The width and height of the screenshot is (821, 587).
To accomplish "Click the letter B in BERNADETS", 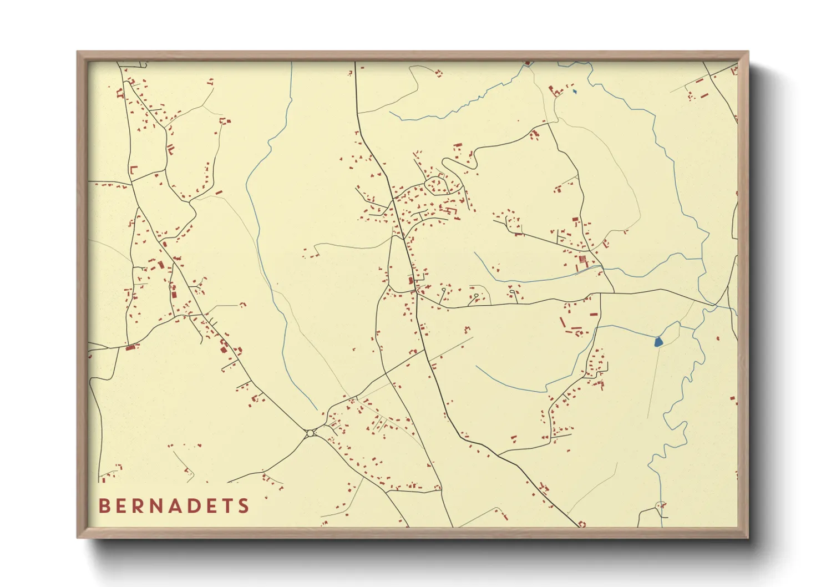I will [104, 506].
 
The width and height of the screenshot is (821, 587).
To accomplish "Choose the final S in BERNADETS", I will [244, 506].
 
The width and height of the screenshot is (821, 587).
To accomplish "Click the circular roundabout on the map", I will [310, 433].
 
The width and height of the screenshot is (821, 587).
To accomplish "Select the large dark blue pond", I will [658, 342].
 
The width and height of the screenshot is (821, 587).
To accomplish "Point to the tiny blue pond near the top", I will [575, 92].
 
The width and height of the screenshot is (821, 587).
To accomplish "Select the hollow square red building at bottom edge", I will [582, 524].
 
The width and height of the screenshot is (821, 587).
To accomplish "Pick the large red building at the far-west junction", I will [131, 347].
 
